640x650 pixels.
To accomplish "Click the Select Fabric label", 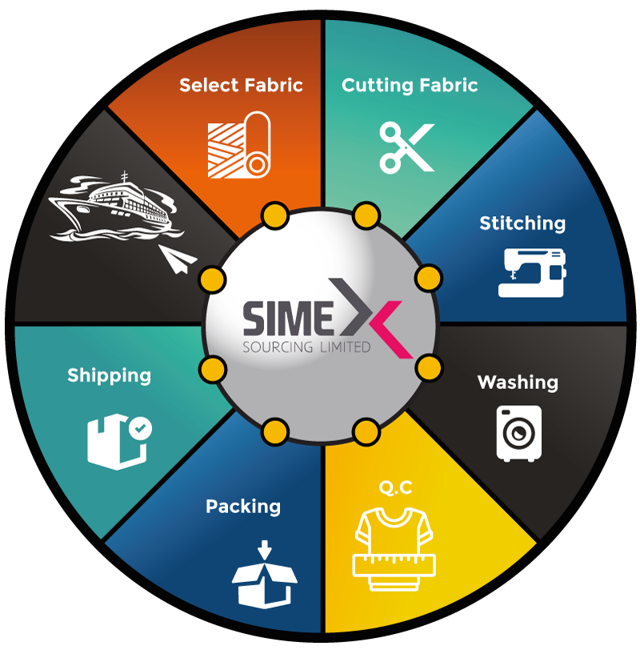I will (241, 85).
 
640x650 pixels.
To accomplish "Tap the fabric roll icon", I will (238, 144).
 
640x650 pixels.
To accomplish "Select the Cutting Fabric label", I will (410, 85).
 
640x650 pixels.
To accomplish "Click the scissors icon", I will (406, 147).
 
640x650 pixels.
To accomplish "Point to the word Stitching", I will (522, 223).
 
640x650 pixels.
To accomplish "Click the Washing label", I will (518, 382).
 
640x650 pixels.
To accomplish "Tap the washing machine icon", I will (519, 433).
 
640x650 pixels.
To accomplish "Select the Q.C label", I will (396, 487).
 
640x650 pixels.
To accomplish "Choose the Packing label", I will (243, 507).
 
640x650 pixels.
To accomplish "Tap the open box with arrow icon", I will (264, 575).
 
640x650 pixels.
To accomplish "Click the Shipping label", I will (109, 375).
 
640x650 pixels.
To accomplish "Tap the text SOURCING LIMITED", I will (307, 348).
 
